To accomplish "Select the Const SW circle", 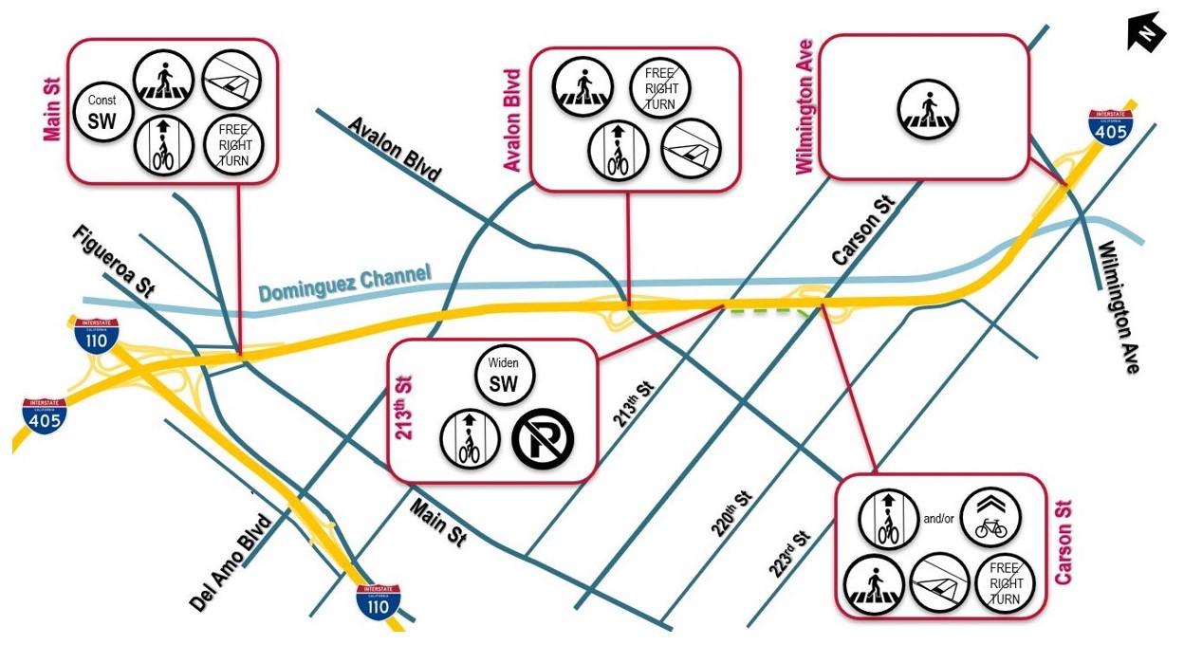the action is pos(102,112).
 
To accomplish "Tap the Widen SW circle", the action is pos(505,375).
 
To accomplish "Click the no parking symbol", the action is pos(543,438).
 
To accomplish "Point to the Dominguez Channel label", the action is pos(344,283).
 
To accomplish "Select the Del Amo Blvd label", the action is pos(231,562).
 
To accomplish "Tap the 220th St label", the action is pos(731,513).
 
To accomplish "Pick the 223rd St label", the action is pos(789,554).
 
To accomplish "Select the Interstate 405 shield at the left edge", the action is pos(45,415).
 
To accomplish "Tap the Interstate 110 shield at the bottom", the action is pos(378,601).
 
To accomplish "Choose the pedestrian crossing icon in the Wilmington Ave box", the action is pos(928,109).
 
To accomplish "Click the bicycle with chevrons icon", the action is pos(990,517).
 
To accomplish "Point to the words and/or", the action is pos(938,519).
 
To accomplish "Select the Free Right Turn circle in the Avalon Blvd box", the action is pos(660,87).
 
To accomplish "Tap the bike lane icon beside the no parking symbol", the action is pos(470,438).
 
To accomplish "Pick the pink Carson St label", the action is pos(1063,543).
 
